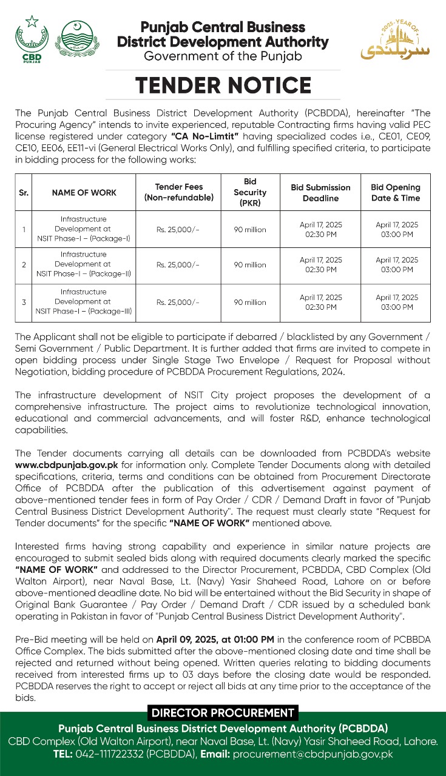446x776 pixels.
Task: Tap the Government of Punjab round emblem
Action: pyautogui.click(x=76, y=40)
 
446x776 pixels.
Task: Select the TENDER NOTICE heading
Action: pyautogui.click(x=223, y=85)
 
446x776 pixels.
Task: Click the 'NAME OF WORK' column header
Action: pyautogui.click(x=84, y=193)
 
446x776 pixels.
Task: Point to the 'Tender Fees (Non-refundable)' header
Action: pyautogui.click(x=179, y=192)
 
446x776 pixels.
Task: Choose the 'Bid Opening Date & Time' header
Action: pyautogui.click(x=396, y=192)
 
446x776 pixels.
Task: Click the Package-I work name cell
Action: pyautogui.click(x=84, y=229)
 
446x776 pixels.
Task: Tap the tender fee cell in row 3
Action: pyautogui.click(x=178, y=303)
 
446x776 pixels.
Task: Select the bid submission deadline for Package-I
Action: pyautogui.click(x=320, y=229)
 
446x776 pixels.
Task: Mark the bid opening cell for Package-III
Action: pyautogui.click(x=396, y=303)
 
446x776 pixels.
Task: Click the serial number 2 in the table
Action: pyautogui.click(x=24, y=265)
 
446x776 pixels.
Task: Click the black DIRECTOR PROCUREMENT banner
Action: pyautogui.click(x=223, y=714)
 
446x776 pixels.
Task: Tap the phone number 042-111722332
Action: pyautogui.click(x=109, y=754)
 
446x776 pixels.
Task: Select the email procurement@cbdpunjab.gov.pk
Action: pyautogui.click(x=313, y=754)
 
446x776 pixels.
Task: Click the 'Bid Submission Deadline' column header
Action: pyautogui.click(x=320, y=193)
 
